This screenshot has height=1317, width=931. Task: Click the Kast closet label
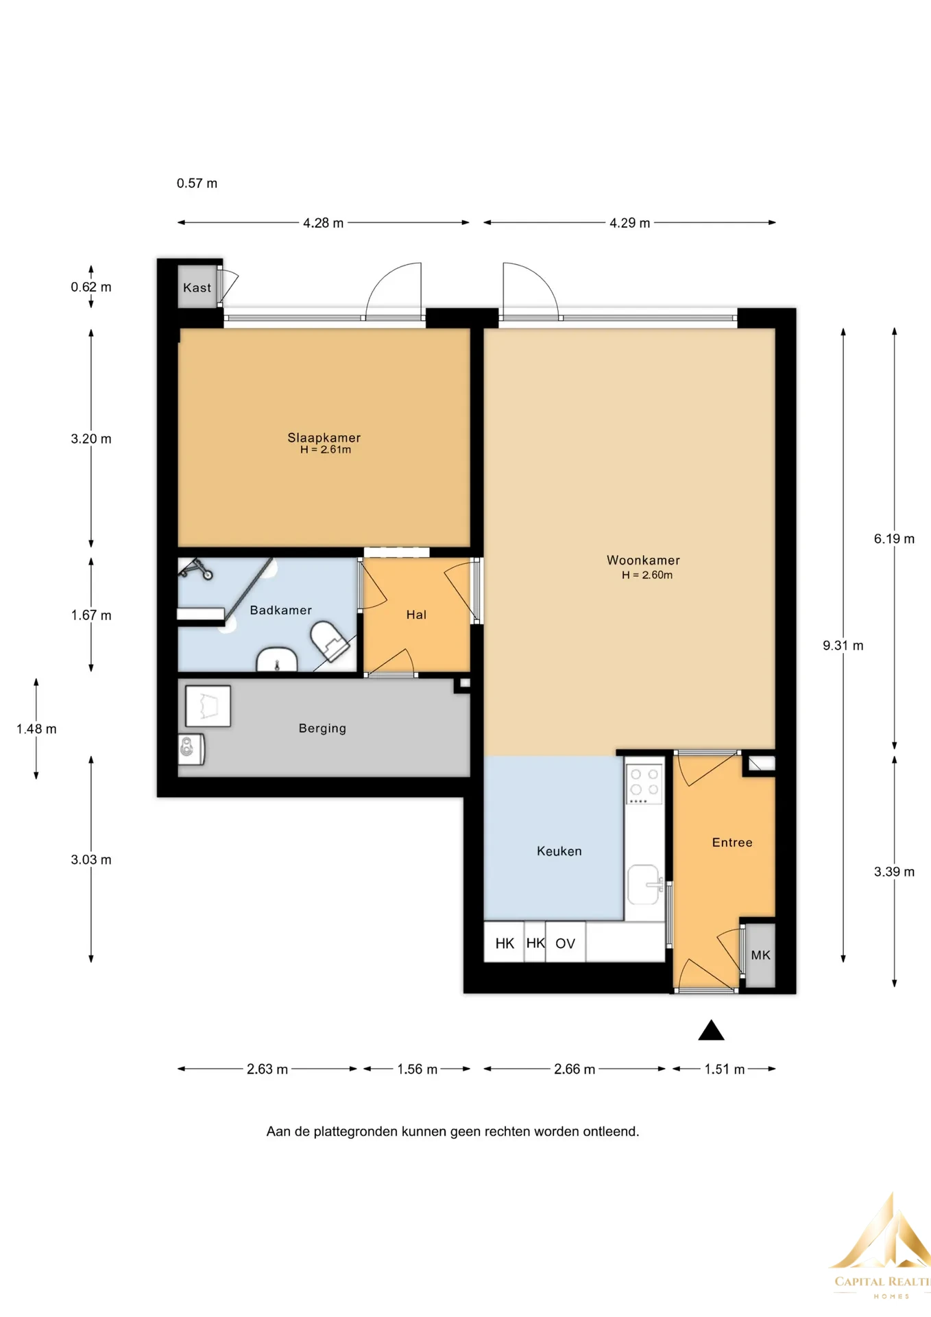click(x=197, y=287)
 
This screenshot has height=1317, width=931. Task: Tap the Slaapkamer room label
click(x=324, y=438)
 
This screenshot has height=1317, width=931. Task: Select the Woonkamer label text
click(x=643, y=560)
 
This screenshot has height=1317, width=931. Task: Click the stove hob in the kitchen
click(x=644, y=783)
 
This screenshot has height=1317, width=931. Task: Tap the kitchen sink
click(x=644, y=884)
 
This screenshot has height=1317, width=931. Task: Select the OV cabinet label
click(x=565, y=943)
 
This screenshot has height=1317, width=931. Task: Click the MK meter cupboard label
click(x=760, y=955)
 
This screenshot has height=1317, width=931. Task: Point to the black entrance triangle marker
click(x=711, y=1031)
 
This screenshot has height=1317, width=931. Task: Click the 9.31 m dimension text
click(x=843, y=645)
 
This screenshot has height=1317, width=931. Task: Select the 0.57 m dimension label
click(x=197, y=183)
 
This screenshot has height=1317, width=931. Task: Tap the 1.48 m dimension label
click(x=36, y=728)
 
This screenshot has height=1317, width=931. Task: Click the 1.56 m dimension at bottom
click(x=417, y=1069)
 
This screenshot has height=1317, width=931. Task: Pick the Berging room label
click(x=322, y=728)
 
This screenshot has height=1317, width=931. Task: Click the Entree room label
click(x=732, y=842)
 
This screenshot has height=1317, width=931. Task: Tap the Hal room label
click(x=416, y=615)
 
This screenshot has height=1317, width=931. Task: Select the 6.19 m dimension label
click(x=894, y=538)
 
